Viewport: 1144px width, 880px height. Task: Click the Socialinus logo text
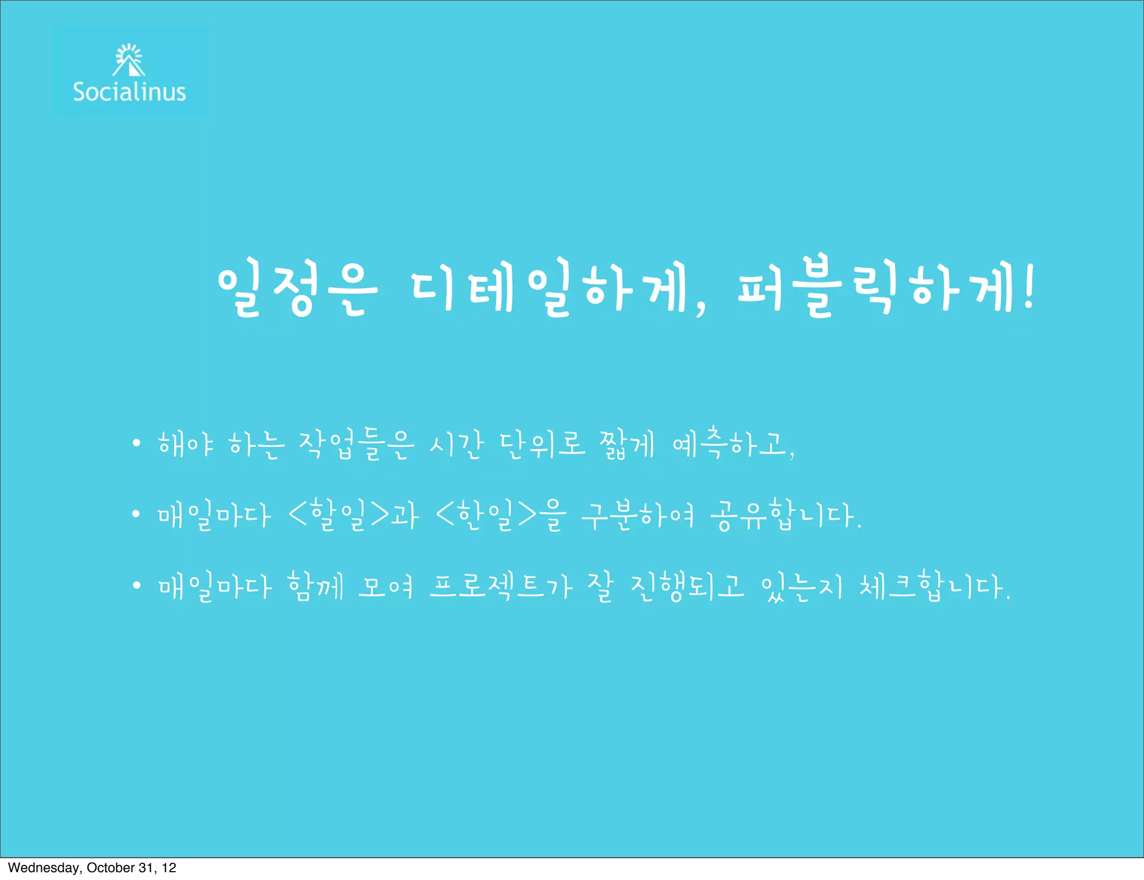(x=129, y=92)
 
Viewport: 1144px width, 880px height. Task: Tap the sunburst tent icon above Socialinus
(x=129, y=60)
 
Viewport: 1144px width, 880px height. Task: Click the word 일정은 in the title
(x=297, y=290)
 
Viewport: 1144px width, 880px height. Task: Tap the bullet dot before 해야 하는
(x=136, y=444)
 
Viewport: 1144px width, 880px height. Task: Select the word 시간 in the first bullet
(x=456, y=445)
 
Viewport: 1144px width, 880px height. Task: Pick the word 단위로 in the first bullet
(x=542, y=445)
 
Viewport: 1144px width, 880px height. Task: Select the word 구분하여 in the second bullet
(x=637, y=515)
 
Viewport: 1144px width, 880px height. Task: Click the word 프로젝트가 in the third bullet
(x=501, y=586)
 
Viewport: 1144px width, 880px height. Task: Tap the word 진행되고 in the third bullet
(x=687, y=586)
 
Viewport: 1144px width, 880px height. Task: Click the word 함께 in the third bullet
(x=316, y=586)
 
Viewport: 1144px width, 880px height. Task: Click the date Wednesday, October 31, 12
(x=92, y=868)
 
